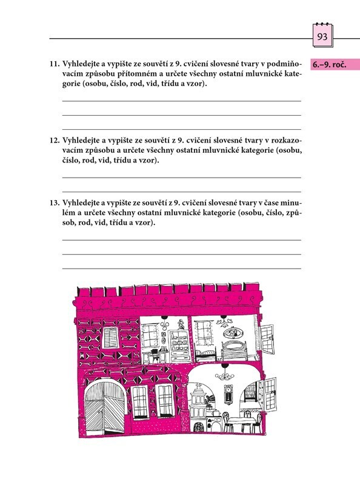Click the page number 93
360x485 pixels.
[322, 37]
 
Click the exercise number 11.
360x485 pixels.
[55, 64]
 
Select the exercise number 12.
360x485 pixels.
[55, 141]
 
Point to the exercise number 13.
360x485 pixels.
[55, 203]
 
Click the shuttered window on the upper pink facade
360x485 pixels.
[110, 338]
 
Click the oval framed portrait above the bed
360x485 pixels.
[233, 333]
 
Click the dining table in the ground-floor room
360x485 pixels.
[242, 423]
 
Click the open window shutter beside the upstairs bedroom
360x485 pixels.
[267, 339]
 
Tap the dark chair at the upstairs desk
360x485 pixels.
[155, 356]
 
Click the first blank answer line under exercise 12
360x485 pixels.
[182, 178]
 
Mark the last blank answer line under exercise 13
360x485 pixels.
[182, 269]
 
